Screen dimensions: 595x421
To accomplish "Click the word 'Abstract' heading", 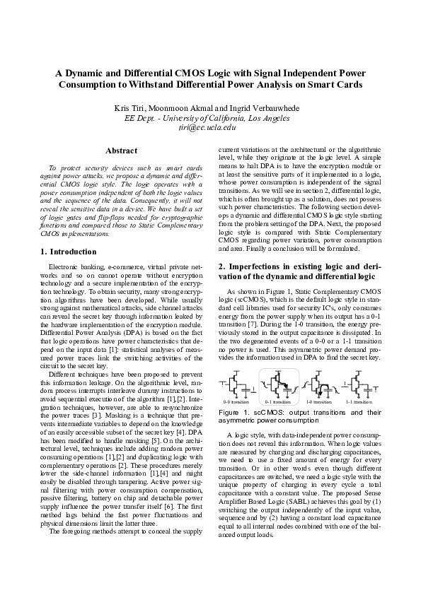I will (121, 151).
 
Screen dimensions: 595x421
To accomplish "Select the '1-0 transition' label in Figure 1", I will (318, 401).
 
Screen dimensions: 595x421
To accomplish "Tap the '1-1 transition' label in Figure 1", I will (359, 401).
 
